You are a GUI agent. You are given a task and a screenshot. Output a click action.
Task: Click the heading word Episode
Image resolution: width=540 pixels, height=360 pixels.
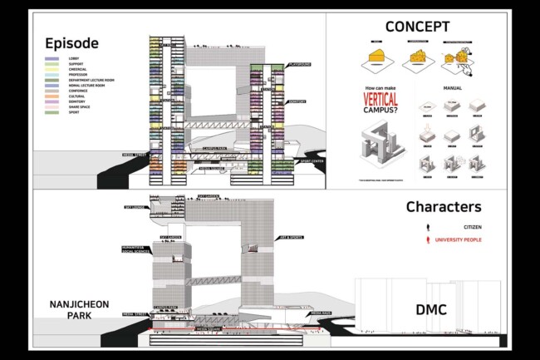(71, 43)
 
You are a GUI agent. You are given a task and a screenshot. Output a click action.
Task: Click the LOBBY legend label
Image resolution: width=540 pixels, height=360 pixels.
(72, 58)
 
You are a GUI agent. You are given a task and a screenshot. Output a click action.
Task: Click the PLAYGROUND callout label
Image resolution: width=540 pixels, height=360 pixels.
(299, 64)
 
